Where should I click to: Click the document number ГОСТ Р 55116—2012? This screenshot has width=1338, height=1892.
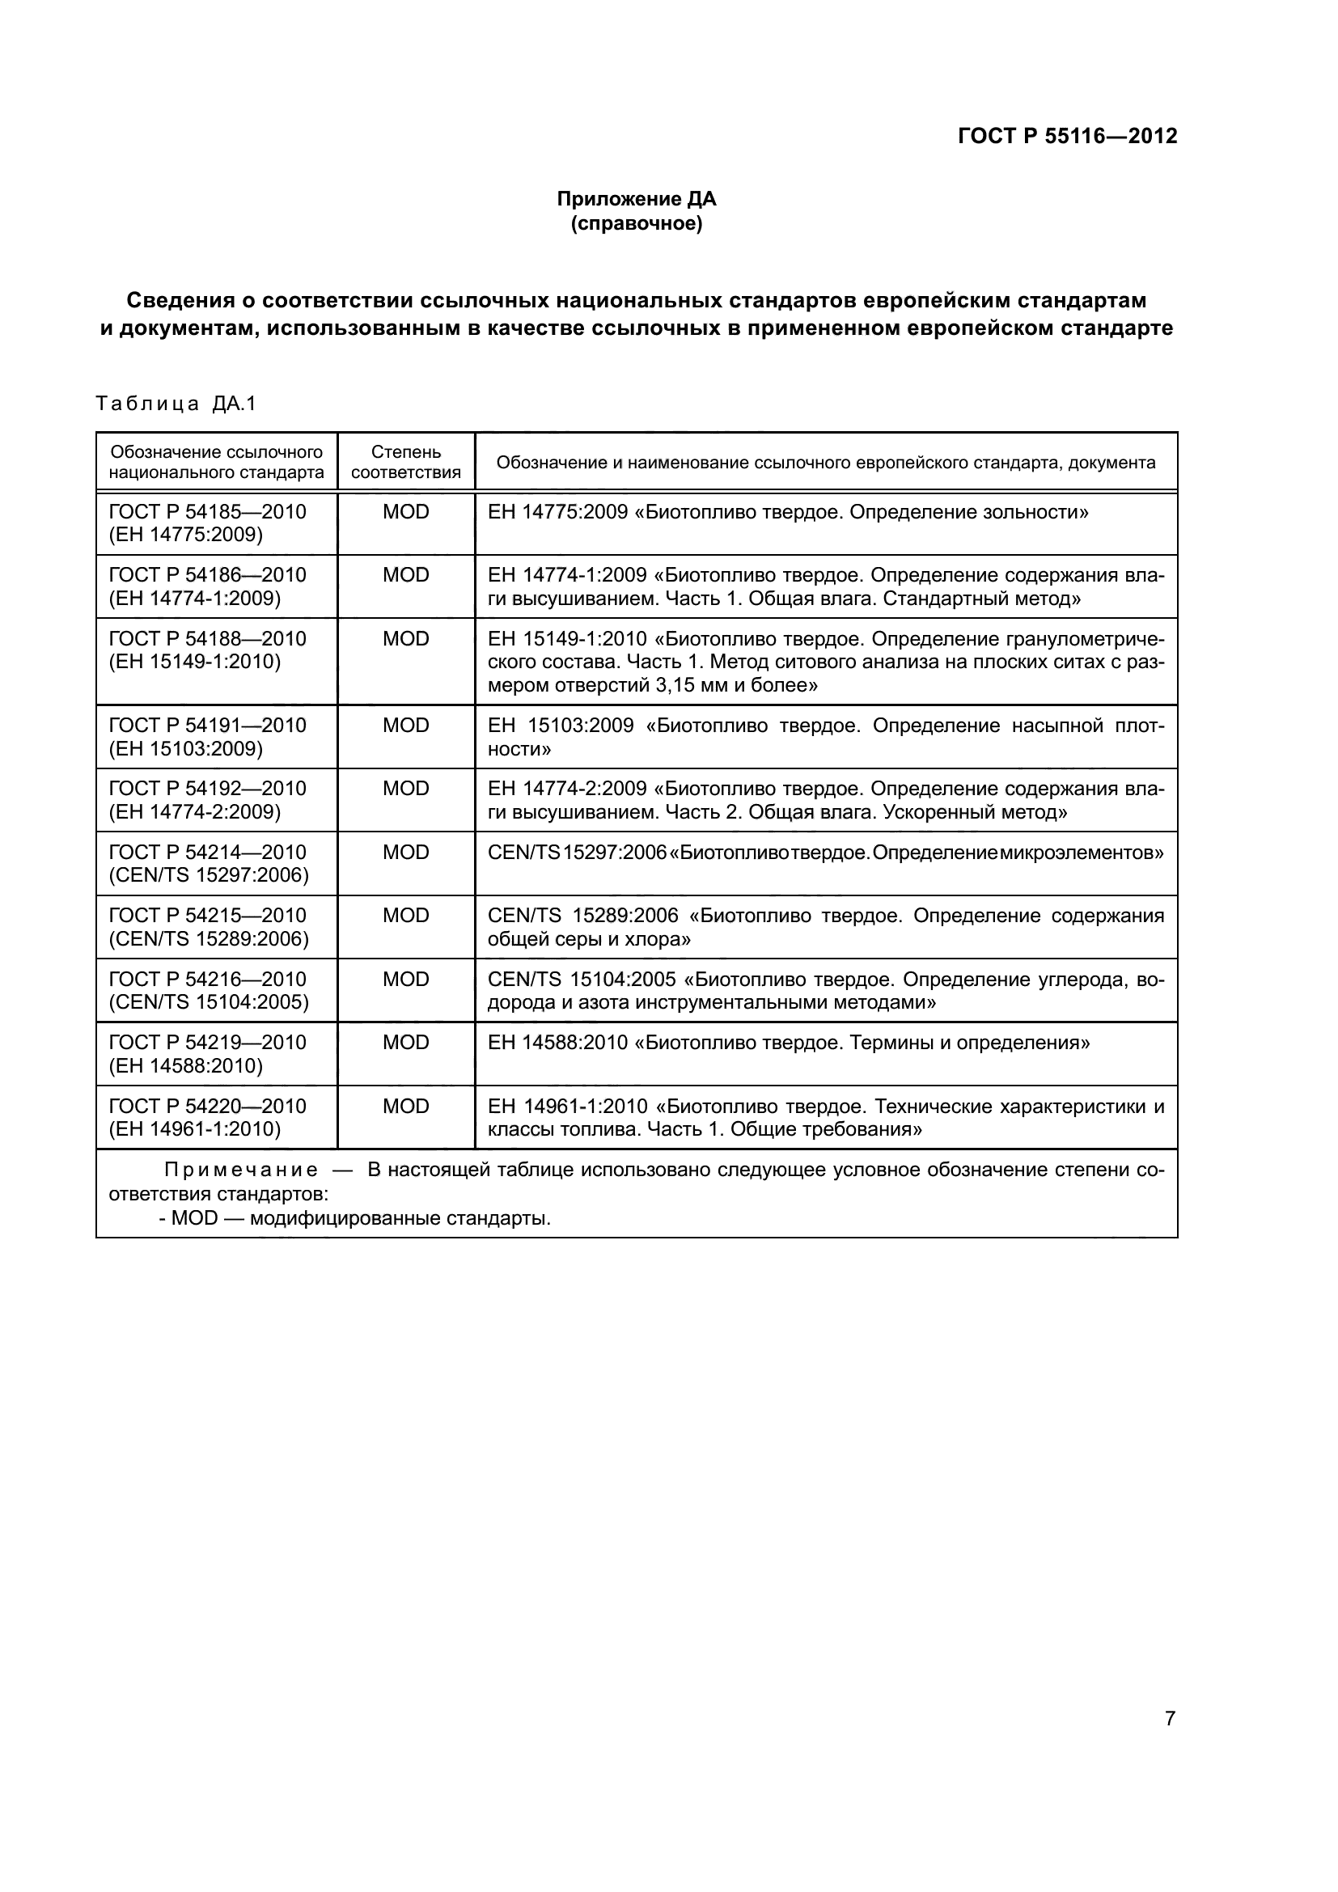(x=1067, y=136)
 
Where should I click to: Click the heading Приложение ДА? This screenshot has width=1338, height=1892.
(x=636, y=199)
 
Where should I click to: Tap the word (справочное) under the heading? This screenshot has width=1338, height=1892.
(x=636, y=223)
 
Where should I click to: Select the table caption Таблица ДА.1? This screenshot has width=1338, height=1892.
(x=176, y=403)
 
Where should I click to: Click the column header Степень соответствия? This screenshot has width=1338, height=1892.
(x=405, y=463)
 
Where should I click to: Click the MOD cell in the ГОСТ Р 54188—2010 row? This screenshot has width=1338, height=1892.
(x=405, y=639)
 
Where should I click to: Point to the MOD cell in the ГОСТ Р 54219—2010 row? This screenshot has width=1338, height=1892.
(x=405, y=1043)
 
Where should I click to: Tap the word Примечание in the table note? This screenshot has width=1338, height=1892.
(x=240, y=1170)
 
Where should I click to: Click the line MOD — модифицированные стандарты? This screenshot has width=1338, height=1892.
(x=354, y=1218)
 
